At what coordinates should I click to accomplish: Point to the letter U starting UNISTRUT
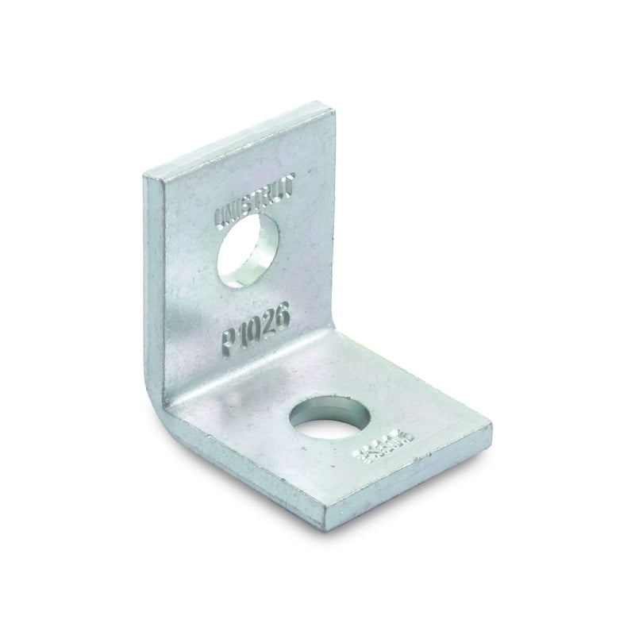[x=219, y=215]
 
